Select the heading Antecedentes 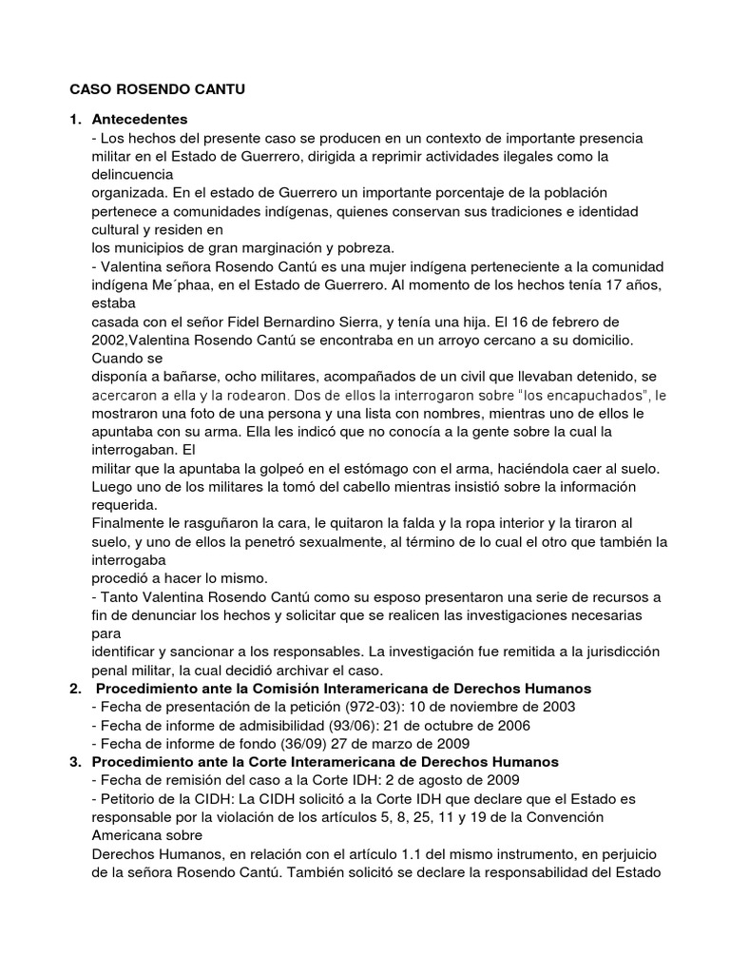click(140, 120)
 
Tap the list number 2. click(75, 688)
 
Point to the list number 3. click(75, 763)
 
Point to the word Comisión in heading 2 click(279, 688)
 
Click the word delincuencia click(132, 174)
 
